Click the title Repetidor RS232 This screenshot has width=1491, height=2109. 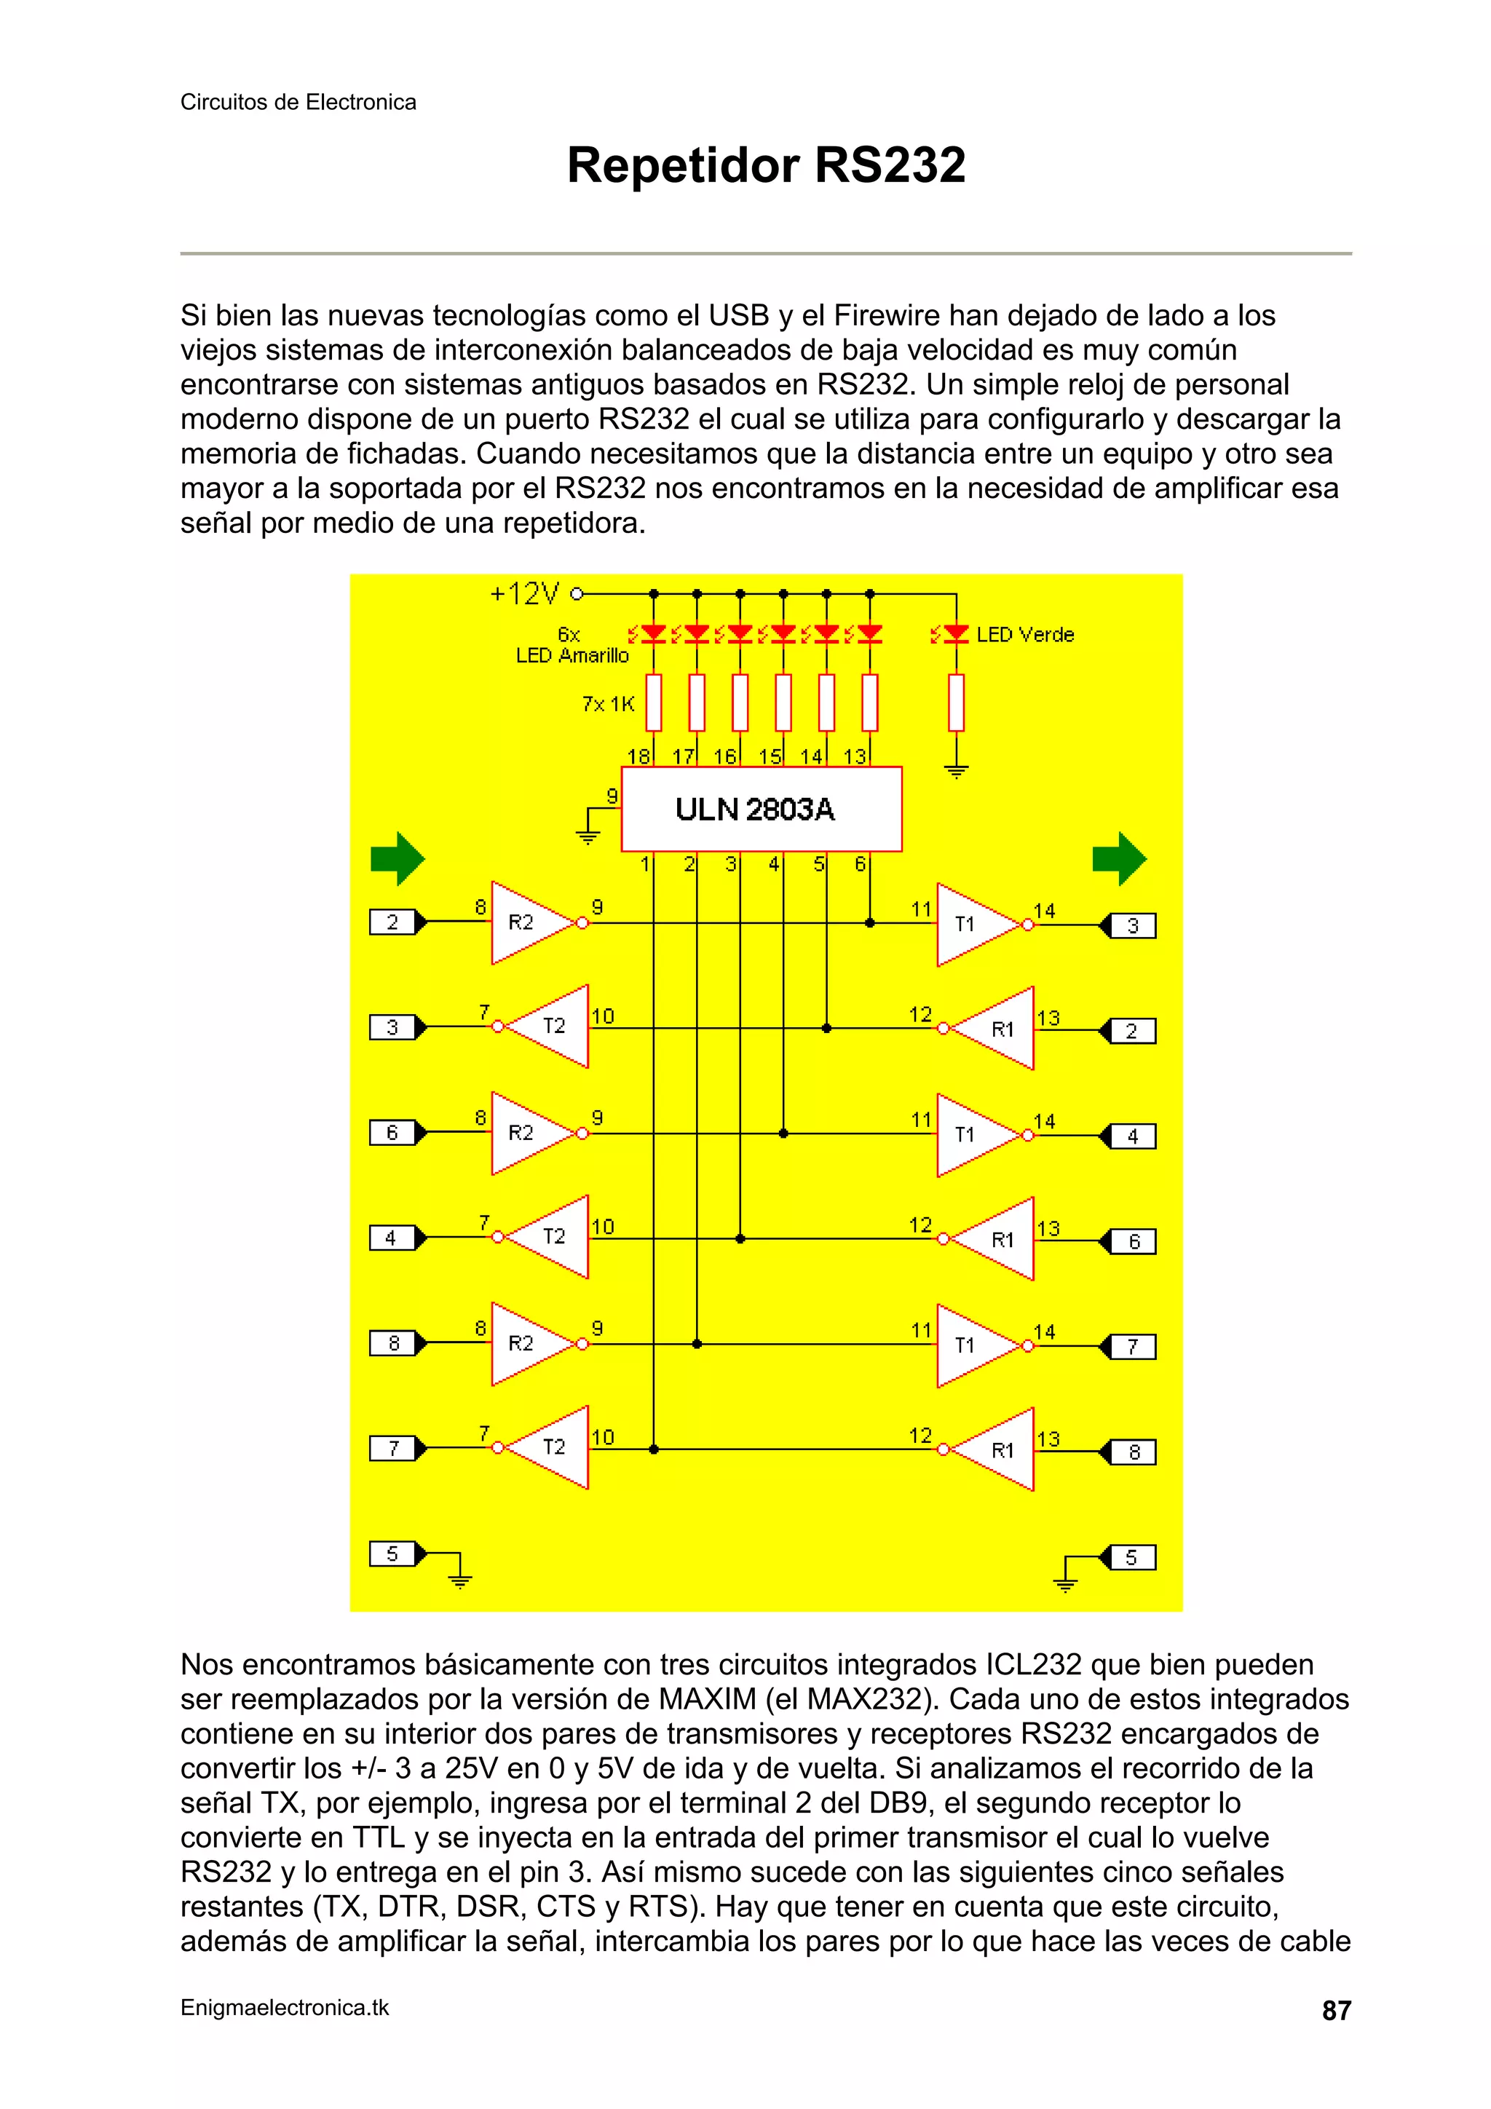click(x=765, y=165)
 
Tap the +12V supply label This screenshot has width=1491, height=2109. click(x=525, y=594)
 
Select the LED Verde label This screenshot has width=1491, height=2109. click(x=1024, y=635)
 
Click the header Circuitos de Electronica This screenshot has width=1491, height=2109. click(x=298, y=102)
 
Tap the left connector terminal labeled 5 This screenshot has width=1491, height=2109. click(x=392, y=1554)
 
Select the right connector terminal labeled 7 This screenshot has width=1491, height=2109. click(x=1133, y=1347)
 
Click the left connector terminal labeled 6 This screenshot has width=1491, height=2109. click(x=392, y=1133)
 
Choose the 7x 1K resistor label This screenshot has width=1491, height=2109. click(x=608, y=704)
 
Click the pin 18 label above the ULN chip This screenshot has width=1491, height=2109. click(x=638, y=756)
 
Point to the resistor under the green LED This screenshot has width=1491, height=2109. click(x=957, y=703)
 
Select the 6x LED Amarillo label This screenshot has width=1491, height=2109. click(x=572, y=645)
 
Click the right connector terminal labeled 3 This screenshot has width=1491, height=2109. click(x=1133, y=926)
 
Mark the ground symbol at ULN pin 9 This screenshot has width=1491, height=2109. click(x=587, y=836)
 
